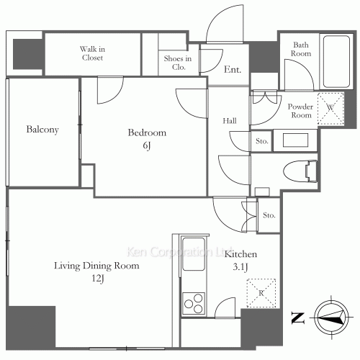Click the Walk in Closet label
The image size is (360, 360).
tap(92, 53)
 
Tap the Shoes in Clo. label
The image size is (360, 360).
tap(178, 63)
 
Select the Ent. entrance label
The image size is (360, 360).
tap(233, 69)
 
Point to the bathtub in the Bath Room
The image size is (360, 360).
tap(336, 61)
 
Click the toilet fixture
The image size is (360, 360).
tap(300, 171)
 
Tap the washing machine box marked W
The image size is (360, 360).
tap(330, 109)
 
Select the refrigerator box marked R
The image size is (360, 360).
tap(261, 293)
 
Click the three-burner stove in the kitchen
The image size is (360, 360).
tap(194, 303)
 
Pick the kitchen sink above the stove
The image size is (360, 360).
tap(194, 254)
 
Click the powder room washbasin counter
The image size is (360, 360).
tap(295, 140)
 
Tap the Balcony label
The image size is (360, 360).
tap(42, 130)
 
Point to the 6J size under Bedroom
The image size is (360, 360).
tap(147, 145)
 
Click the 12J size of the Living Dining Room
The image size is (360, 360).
tap(98, 279)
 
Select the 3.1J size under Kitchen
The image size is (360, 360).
tap(240, 267)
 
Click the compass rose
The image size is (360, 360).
tap(331, 318)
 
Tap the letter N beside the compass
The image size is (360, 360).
tap(298, 318)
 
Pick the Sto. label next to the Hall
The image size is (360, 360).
tap(261, 141)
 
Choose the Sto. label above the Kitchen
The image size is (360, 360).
tap(269, 215)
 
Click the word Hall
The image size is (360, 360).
tap(230, 121)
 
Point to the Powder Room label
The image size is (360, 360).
tap(300, 111)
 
